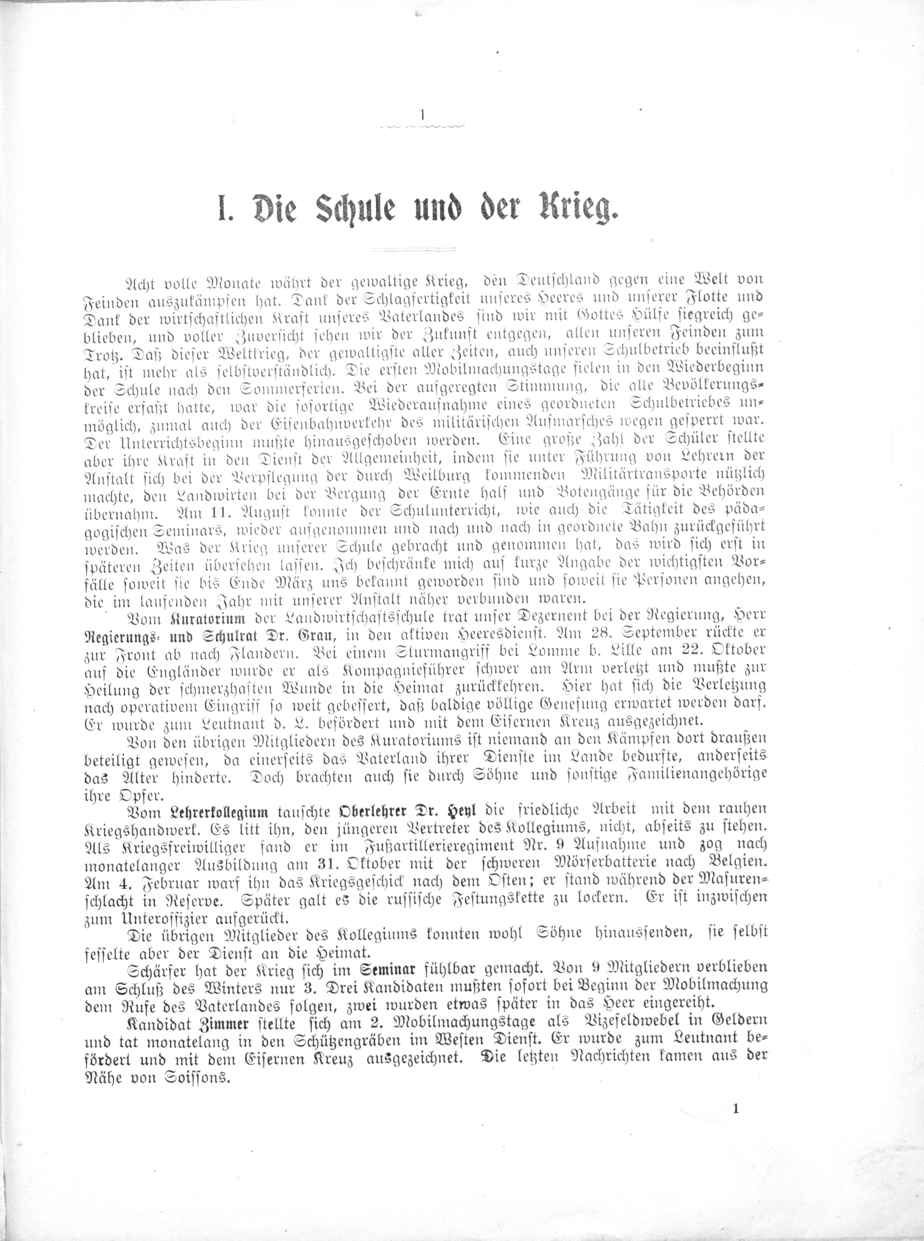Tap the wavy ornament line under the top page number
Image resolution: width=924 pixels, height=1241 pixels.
(422, 129)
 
